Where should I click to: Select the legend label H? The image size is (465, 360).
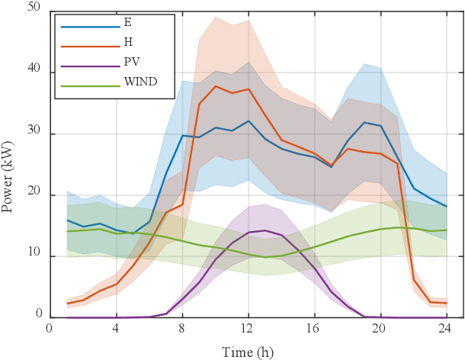coord(127,40)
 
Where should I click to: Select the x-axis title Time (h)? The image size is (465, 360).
coord(248,352)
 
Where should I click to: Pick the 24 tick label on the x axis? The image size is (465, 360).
coord(447,329)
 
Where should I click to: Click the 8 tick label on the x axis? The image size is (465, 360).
coord(182,329)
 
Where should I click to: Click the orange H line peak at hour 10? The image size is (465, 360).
coord(216,86)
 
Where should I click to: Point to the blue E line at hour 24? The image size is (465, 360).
coord(447,207)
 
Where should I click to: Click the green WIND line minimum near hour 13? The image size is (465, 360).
coord(265,257)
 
